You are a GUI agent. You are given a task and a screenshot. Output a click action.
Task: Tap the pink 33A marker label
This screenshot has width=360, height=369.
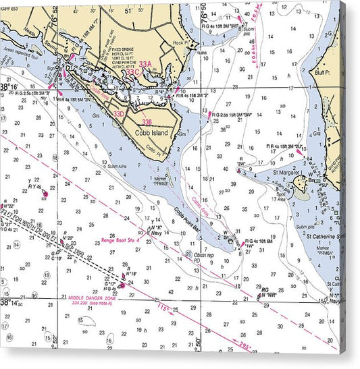click(145, 65)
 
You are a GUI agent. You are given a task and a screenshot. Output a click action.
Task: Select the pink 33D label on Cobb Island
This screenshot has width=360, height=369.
click(119, 114)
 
